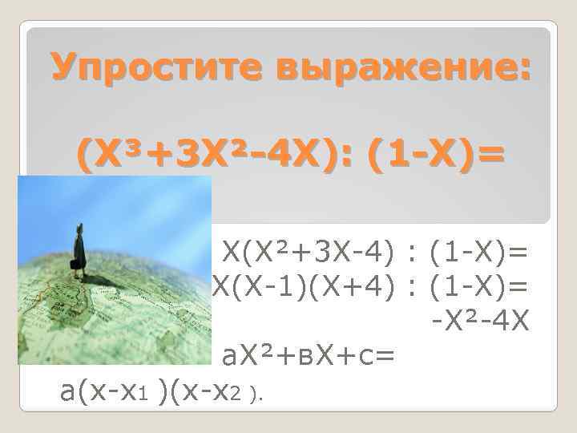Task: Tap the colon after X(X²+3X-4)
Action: click(x=411, y=256)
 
